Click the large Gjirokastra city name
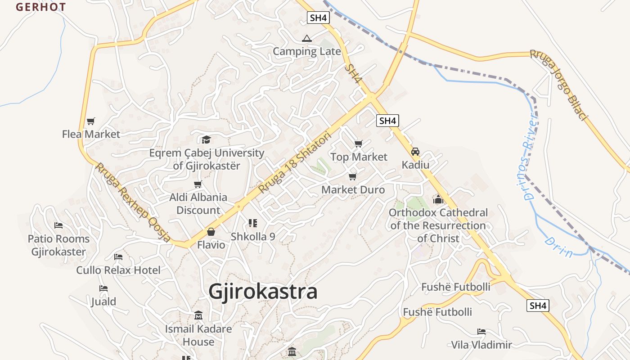click(x=263, y=292)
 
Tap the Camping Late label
click(x=307, y=51)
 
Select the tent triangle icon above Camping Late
click(x=307, y=38)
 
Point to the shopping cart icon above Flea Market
click(x=91, y=121)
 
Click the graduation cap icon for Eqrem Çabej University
click(x=206, y=139)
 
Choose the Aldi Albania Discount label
click(x=198, y=203)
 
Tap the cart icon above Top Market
click(x=358, y=144)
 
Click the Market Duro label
click(x=353, y=190)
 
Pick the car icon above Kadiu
click(x=415, y=152)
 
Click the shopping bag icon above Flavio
click(x=211, y=232)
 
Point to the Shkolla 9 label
click(x=253, y=236)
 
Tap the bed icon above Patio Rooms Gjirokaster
click(x=58, y=225)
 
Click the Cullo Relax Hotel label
click(x=118, y=270)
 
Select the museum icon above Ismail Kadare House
click(x=198, y=315)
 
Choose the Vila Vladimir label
click(x=481, y=345)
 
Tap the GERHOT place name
click(x=41, y=7)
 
